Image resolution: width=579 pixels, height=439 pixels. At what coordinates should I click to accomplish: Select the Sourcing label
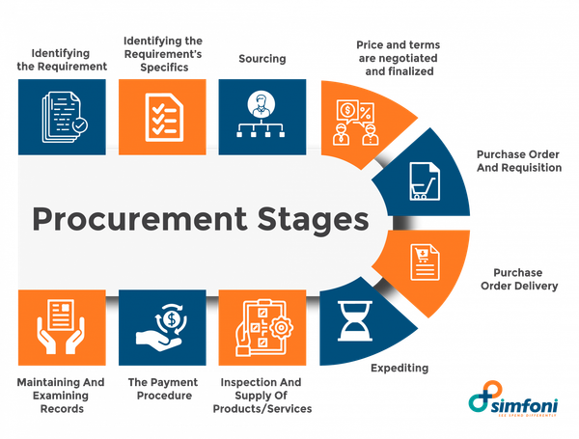[x=262, y=59]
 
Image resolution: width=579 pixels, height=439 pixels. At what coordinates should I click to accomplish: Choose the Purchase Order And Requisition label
[x=518, y=160]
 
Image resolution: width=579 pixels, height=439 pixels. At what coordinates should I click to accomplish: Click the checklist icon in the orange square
[x=160, y=116]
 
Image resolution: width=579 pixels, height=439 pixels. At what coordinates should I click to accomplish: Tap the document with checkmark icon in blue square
[x=61, y=117]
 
